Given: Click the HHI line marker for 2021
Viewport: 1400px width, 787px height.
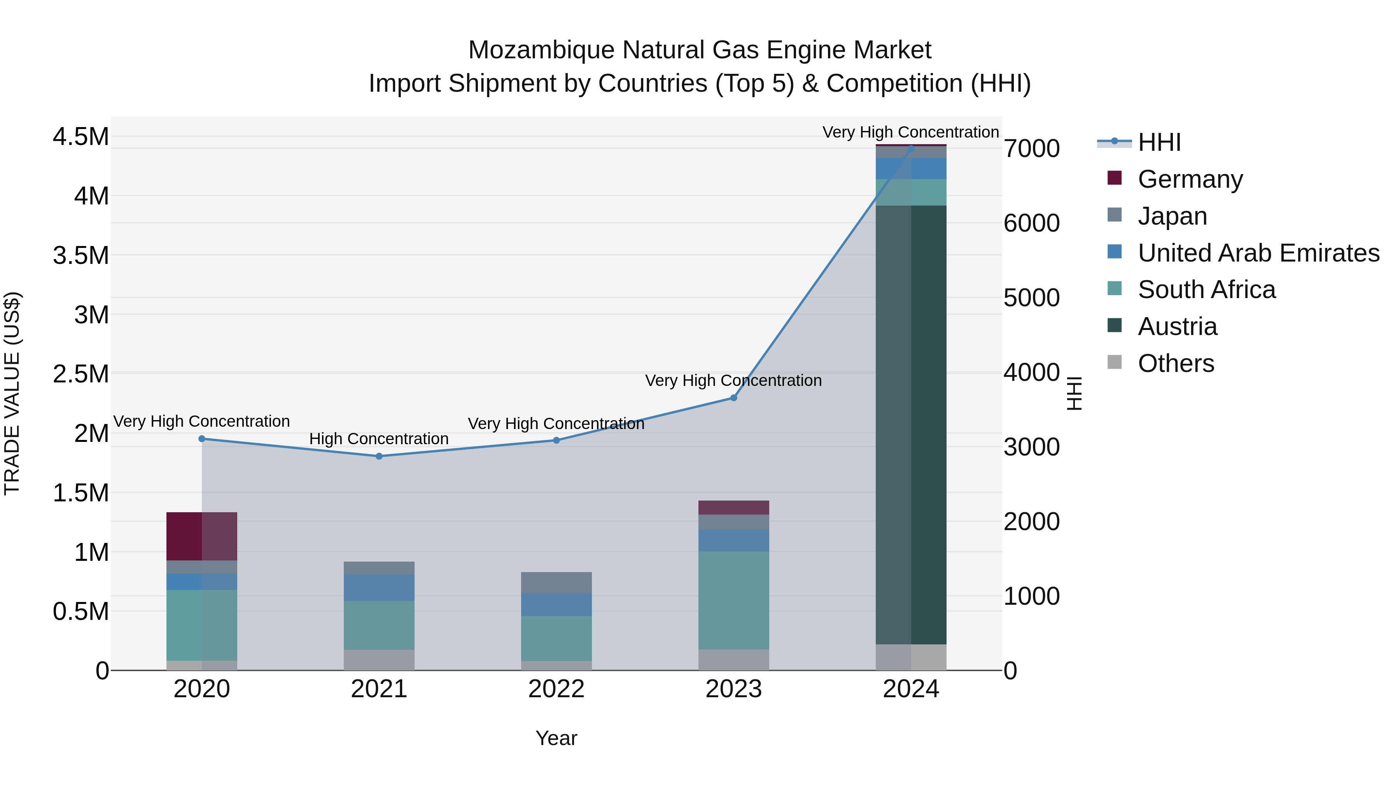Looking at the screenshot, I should [379, 456].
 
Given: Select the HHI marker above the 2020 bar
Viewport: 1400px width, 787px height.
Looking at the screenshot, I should [201, 439].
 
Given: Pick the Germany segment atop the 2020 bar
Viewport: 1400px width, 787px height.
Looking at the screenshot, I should [201, 536].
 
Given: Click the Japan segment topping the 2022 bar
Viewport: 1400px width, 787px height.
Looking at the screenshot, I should [556, 582].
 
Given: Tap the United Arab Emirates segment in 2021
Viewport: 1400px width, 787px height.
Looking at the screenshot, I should [379, 588].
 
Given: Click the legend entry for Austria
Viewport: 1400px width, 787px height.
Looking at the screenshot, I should [1177, 326].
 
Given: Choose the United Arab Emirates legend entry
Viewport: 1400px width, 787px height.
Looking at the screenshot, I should [1258, 253].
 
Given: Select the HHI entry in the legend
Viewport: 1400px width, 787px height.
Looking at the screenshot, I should [1159, 142].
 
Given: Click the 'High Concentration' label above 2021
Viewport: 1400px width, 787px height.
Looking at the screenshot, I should [379, 439].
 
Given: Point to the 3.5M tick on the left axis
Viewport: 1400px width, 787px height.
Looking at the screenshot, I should [81, 255].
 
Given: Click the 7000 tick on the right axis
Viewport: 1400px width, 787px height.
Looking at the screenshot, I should [1031, 149].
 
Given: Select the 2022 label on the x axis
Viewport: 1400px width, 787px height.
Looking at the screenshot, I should [556, 689].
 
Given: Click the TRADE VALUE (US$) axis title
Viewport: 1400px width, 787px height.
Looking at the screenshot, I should [12, 393].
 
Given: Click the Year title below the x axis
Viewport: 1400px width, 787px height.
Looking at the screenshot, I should [556, 738].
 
